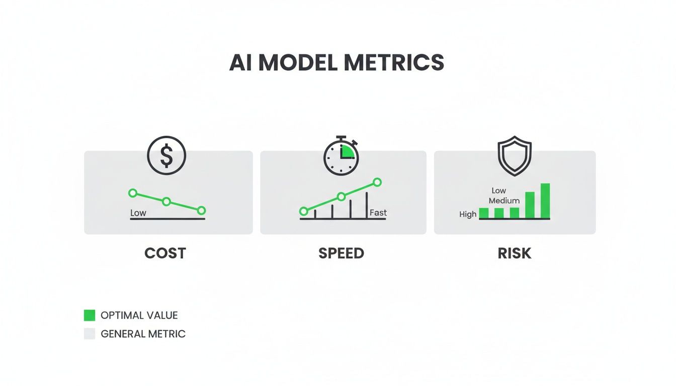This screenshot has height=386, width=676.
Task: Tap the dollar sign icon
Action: click(166, 155)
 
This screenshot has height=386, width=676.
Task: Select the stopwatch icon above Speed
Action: click(342, 157)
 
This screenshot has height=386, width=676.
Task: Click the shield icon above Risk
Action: click(514, 157)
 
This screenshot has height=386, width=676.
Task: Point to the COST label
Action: click(165, 253)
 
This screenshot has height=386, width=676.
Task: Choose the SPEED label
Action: click(342, 253)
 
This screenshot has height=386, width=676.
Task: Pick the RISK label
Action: click(515, 253)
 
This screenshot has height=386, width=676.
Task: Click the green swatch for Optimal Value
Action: click(90, 316)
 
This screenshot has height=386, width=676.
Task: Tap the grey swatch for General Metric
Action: click(90, 334)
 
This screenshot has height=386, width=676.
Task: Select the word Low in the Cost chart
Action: click(138, 213)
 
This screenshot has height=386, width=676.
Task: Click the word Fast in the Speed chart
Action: click(378, 213)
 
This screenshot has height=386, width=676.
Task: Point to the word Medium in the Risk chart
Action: click(504, 201)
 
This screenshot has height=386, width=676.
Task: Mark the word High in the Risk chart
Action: click(468, 214)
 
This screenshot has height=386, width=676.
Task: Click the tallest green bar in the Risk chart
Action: click(545, 201)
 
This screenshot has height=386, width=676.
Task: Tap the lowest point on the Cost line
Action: click(201, 210)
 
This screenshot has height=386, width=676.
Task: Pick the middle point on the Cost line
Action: click(166, 202)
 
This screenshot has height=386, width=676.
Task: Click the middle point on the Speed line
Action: click(341, 197)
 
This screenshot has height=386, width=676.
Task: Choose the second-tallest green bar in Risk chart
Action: click(530, 205)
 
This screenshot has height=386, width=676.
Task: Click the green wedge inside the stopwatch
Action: click(347, 151)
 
